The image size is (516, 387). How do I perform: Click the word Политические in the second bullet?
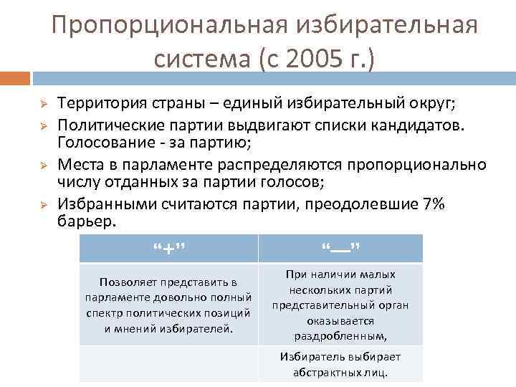tap(102, 125)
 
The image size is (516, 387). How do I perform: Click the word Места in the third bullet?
tap(79, 164)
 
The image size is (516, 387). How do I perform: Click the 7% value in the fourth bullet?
tap(434, 204)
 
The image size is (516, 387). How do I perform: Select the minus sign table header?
tap(340, 248)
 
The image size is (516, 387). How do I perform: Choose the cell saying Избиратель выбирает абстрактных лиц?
tap(340, 364)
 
